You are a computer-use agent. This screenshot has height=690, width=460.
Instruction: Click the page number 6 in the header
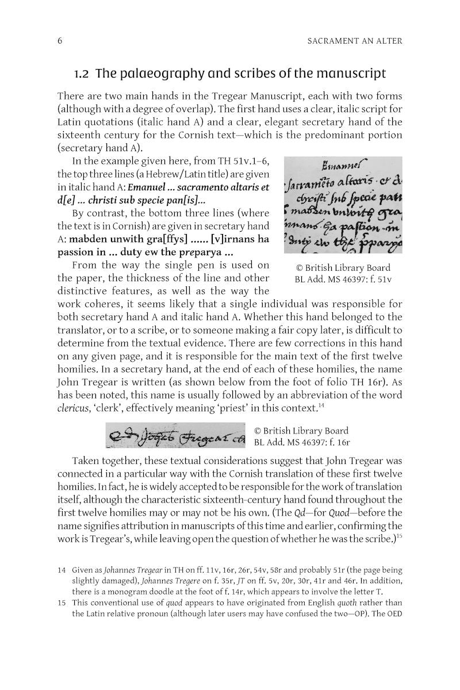click(60, 40)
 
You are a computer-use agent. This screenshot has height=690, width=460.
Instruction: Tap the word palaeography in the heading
click(159, 74)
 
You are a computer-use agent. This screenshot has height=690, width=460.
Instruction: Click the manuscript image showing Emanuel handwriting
click(343, 205)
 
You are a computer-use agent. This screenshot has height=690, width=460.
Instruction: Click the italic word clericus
click(75, 408)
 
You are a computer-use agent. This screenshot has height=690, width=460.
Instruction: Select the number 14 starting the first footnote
click(62, 570)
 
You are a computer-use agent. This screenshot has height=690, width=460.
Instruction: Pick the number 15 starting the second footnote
click(62, 603)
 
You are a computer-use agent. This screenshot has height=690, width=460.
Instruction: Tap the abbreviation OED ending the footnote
click(393, 614)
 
